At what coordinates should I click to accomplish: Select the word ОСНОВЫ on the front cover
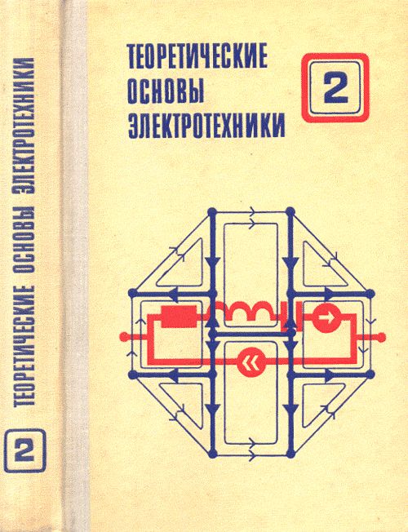pos(166,92)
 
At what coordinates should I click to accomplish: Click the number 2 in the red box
pos(335,87)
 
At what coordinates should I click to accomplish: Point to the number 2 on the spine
pos(24,450)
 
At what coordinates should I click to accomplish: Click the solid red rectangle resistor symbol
pos(179,317)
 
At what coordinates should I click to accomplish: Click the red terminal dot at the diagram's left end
pos(123,336)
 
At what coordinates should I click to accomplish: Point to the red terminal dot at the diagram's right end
pos(382,336)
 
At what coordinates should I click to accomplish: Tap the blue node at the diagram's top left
pos(212,211)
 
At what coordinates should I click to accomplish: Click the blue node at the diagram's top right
pos(290,211)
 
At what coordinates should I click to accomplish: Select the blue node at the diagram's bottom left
pos(212,453)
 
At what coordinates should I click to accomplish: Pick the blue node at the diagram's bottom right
pos(290,453)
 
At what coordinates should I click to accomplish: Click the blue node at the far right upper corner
pos(370,293)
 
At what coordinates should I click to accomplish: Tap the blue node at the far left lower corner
pos(132,375)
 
